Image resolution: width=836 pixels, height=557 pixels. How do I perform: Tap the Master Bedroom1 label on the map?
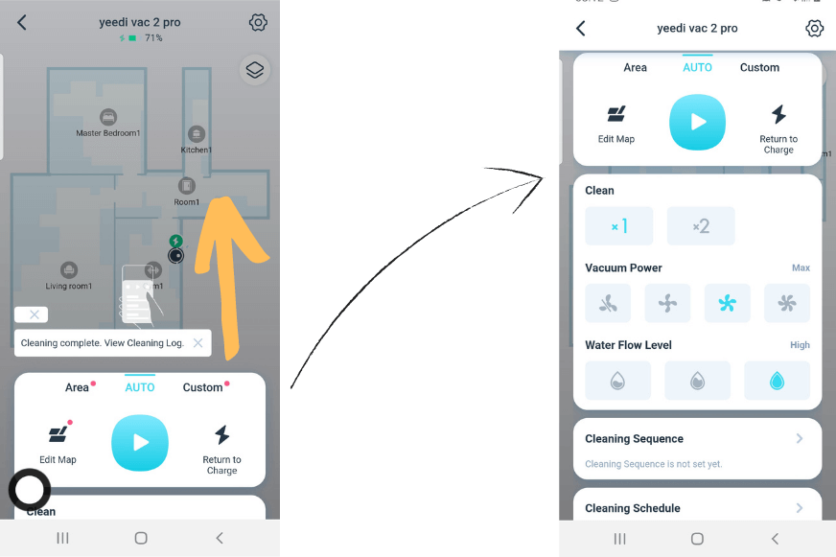tap(107, 133)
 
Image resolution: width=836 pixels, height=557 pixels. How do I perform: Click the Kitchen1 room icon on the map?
tap(197, 134)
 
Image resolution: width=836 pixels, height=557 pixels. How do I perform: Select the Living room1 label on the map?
tap(69, 286)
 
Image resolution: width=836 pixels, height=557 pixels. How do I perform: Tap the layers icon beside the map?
tap(254, 70)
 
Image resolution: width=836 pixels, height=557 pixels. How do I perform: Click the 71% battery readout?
tap(153, 38)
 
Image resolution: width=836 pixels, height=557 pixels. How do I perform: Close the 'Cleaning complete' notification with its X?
tap(197, 342)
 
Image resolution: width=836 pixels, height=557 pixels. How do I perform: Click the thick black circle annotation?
tap(30, 490)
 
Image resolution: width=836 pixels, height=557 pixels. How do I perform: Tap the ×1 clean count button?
tap(618, 226)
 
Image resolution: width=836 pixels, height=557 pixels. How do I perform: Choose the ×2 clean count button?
tap(701, 226)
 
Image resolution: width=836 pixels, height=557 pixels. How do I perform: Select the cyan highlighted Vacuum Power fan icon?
tap(727, 304)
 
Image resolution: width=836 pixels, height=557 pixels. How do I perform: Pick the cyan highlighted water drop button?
tap(777, 381)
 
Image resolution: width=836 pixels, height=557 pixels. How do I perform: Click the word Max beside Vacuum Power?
tap(801, 268)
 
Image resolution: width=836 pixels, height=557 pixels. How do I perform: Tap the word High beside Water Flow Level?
tap(800, 345)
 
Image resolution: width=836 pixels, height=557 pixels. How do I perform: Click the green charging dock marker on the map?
tap(175, 241)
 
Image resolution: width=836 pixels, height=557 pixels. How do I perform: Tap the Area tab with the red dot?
tap(78, 387)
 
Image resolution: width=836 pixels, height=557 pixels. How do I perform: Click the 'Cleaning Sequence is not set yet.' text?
tap(653, 464)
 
